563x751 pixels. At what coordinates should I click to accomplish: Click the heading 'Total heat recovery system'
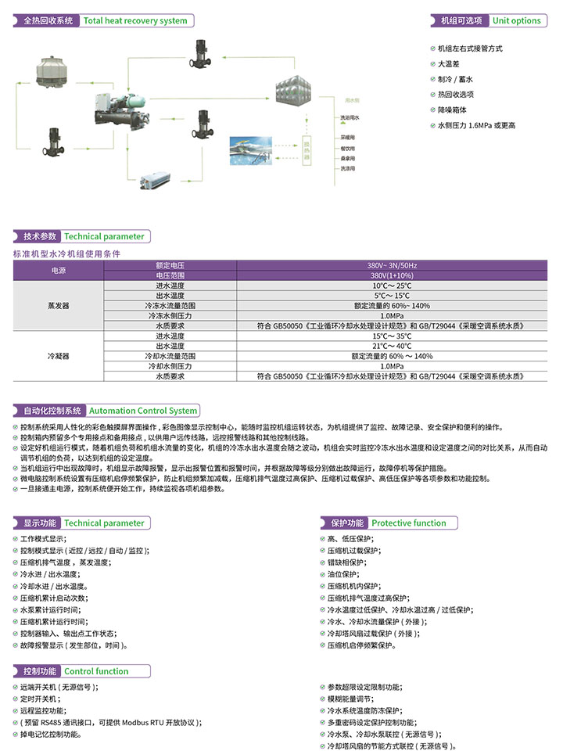point(135,21)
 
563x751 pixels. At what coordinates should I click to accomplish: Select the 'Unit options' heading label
point(516,21)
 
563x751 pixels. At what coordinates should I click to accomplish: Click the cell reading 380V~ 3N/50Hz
point(392,266)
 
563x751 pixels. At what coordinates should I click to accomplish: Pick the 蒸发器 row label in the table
point(59,306)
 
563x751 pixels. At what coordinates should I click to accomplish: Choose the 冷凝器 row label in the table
point(59,355)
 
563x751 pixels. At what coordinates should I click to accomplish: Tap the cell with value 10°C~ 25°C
point(392,286)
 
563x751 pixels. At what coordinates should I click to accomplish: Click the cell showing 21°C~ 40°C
point(392,346)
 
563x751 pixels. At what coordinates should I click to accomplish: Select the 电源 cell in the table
point(59,271)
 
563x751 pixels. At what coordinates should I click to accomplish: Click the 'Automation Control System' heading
point(143,411)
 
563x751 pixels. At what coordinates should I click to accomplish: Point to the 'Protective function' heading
point(408,523)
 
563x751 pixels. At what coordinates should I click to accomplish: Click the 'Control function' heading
point(96,671)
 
